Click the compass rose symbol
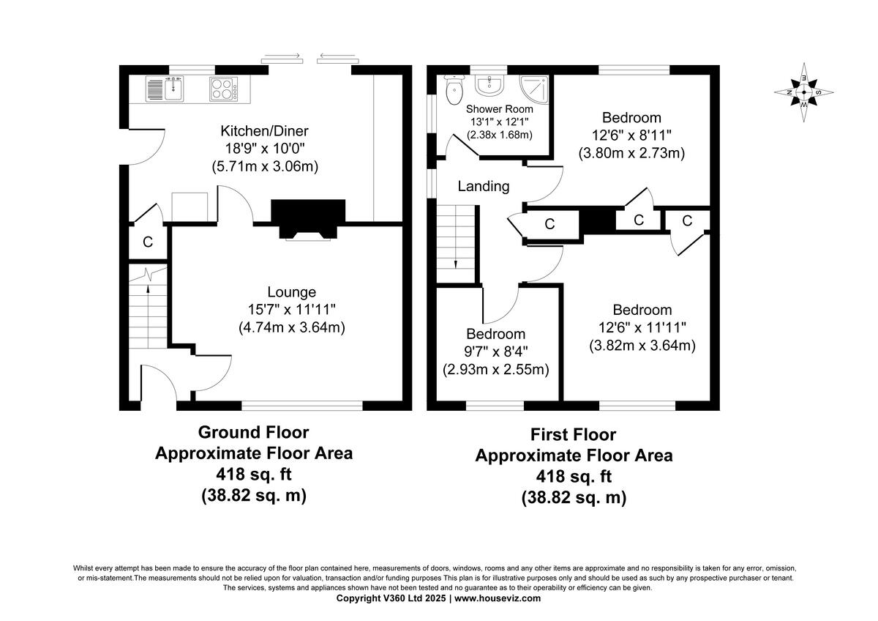pyautogui.click(x=803, y=92)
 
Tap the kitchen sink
pyautogui.click(x=165, y=89)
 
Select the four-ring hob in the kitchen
pyautogui.click(x=224, y=89)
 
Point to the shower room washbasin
pyautogui.click(x=488, y=86)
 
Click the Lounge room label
pyautogui.click(x=291, y=291)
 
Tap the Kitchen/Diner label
pyautogui.click(x=264, y=131)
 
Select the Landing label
pyautogui.click(x=483, y=186)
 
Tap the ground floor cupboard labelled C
pyautogui.click(x=147, y=242)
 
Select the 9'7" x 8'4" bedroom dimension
pyautogui.click(x=495, y=352)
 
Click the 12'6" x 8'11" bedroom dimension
pyautogui.click(x=631, y=135)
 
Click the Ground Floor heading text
pyautogui.click(x=253, y=432)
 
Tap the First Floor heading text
pyautogui.click(x=573, y=435)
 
